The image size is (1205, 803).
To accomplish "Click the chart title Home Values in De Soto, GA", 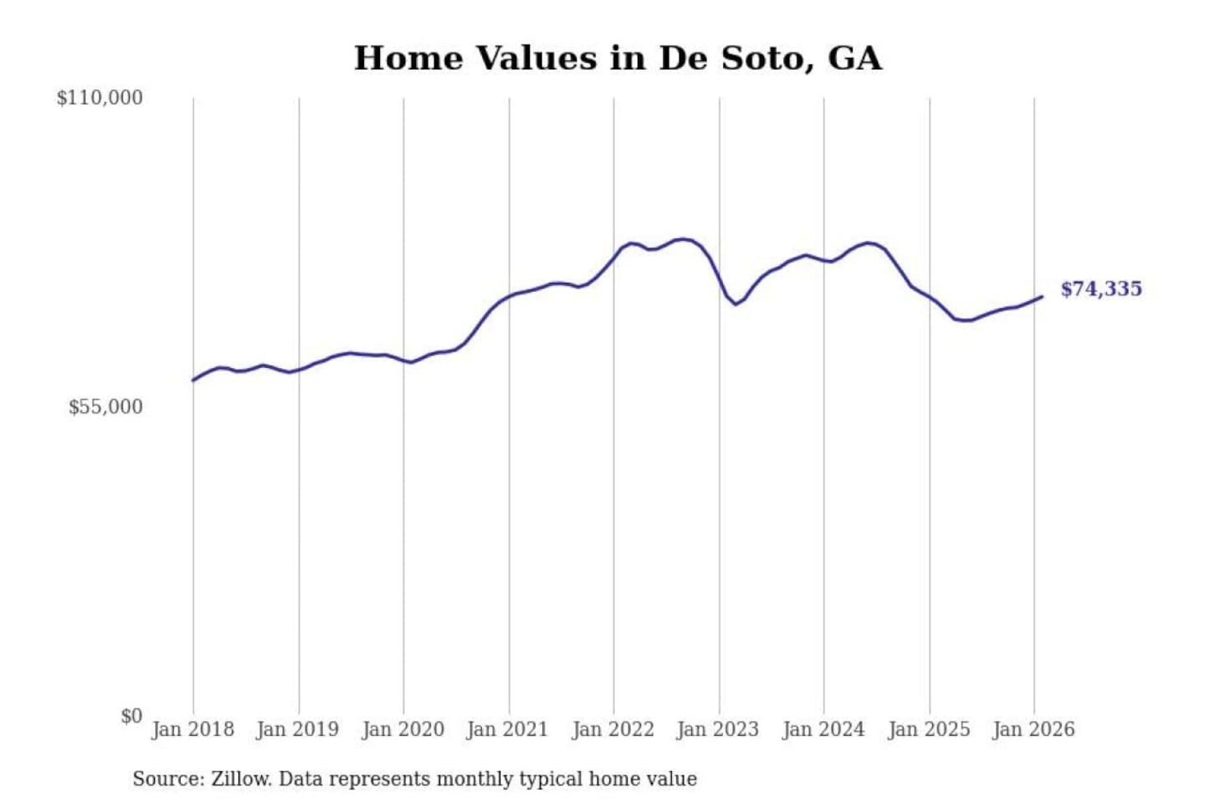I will [618, 59].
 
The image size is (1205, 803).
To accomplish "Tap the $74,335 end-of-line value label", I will [1100, 289].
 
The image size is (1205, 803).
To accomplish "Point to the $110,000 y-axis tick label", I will [100, 98].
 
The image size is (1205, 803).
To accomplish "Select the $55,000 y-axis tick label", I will [105, 407].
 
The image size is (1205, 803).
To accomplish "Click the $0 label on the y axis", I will [131, 716].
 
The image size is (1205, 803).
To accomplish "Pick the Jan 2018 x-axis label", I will [192, 729].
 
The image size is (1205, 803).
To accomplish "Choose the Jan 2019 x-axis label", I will [297, 729].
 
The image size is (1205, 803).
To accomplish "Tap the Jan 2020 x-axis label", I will [403, 729].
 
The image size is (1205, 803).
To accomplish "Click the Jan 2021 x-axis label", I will [507, 729].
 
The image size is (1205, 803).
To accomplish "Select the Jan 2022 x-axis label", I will [613, 729].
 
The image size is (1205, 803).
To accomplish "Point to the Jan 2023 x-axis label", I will [717, 729].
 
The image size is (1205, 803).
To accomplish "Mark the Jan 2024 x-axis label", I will [823, 729].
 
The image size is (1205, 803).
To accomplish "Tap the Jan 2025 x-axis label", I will [928, 729].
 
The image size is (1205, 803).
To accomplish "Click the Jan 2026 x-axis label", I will [1033, 729].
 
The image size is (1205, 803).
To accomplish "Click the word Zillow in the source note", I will [240, 780].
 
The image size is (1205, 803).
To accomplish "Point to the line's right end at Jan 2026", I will [1042, 297].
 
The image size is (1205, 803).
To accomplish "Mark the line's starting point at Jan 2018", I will [193, 381].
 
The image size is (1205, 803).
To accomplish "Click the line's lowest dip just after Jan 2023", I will [736, 304].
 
